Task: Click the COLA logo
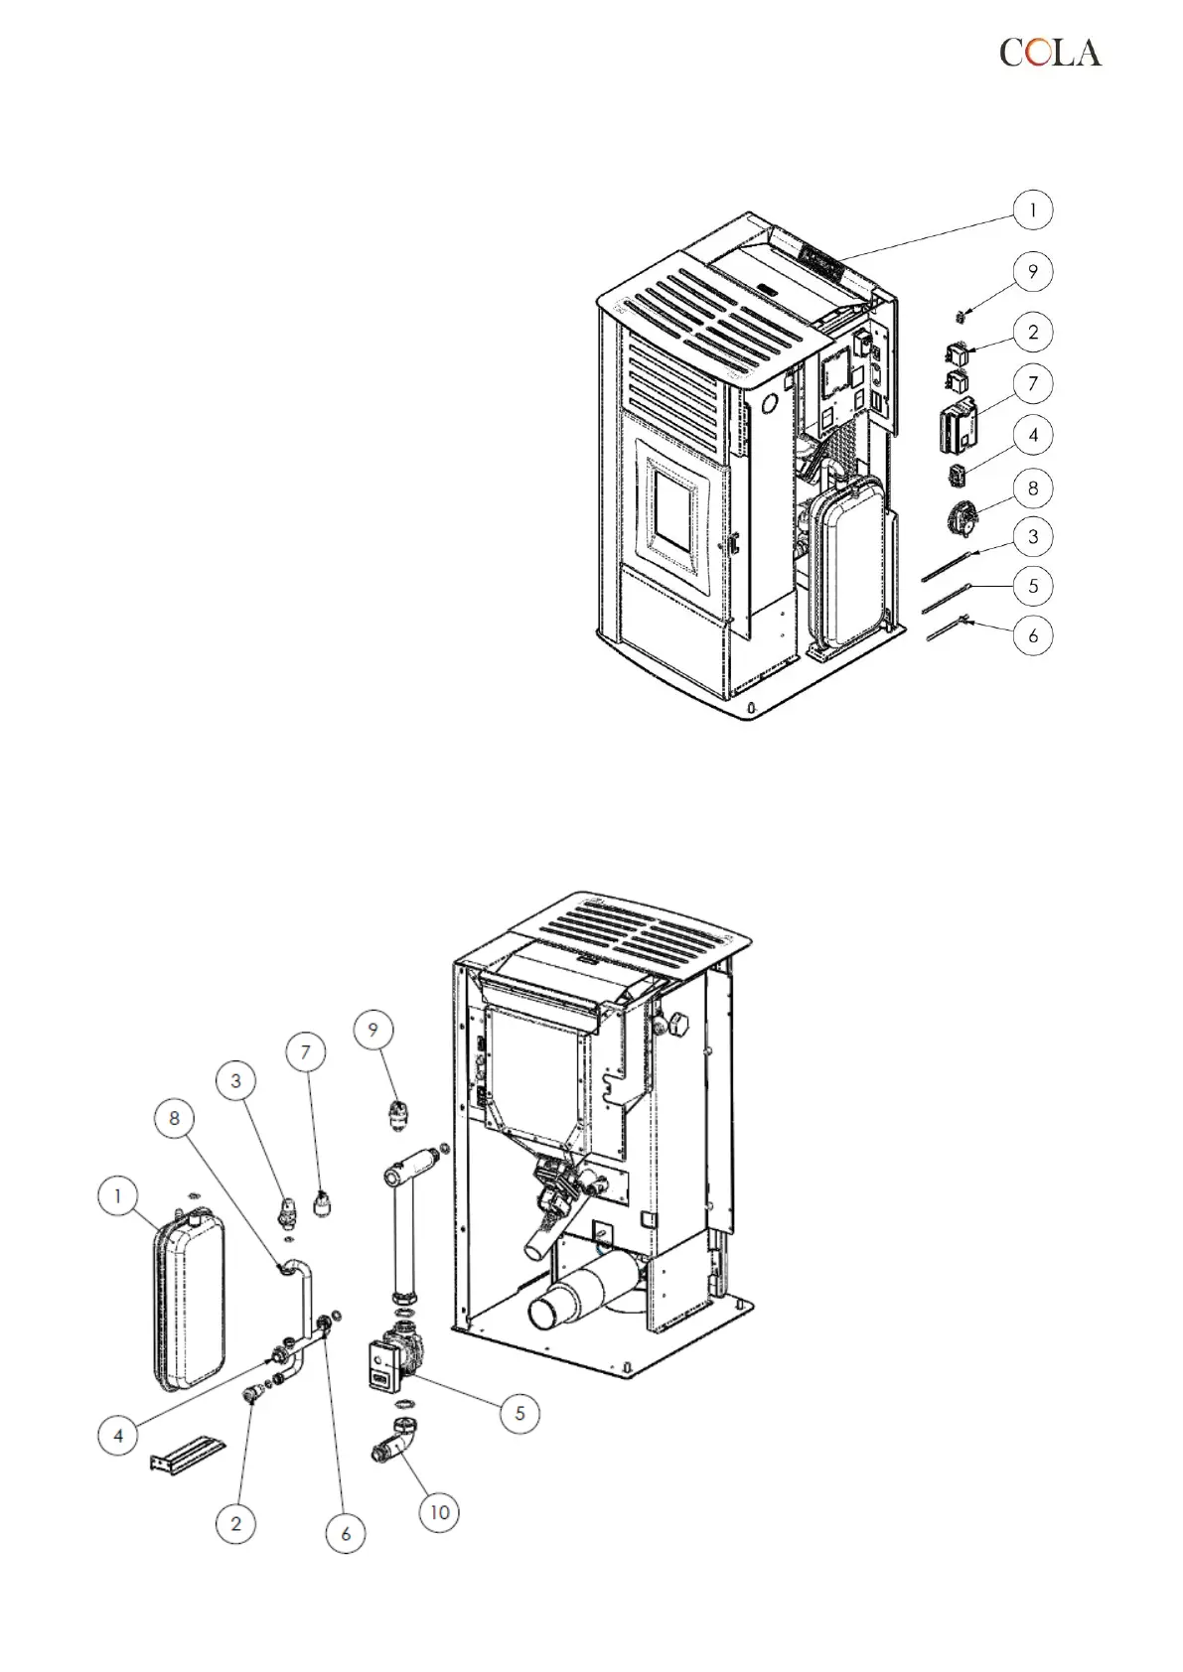(1050, 53)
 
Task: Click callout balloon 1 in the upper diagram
(1033, 210)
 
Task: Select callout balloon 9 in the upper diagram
(1033, 271)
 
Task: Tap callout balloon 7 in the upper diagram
(1033, 383)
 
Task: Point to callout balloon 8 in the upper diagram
(1033, 488)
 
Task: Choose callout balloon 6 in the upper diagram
(1033, 634)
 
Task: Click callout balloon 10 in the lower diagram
(439, 1512)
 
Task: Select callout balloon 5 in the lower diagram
(519, 1413)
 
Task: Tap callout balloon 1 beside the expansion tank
(118, 1195)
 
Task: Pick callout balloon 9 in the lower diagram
(373, 1030)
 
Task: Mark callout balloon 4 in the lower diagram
(118, 1435)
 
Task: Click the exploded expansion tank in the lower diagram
(189, 1301)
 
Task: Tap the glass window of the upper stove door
(674, 507)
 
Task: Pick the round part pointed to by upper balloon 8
(960, 515)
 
